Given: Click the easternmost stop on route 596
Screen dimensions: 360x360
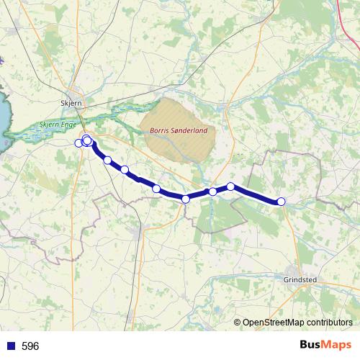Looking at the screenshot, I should pos(282,202).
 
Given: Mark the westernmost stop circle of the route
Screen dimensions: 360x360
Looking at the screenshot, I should pos(79,143).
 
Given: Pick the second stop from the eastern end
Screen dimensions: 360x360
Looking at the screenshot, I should pos(231,186).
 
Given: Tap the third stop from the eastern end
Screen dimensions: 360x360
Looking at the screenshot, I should pos(213,192).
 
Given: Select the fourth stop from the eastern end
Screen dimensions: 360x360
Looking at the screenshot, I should pos(186,199).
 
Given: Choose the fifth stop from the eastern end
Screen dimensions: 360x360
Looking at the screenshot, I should pos(156,189).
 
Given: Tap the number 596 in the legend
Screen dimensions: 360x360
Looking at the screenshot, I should pos(30,346).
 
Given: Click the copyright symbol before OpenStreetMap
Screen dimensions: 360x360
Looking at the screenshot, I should pos(237,323).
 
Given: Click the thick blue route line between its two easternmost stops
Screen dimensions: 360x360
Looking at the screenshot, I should pos(256,194).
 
